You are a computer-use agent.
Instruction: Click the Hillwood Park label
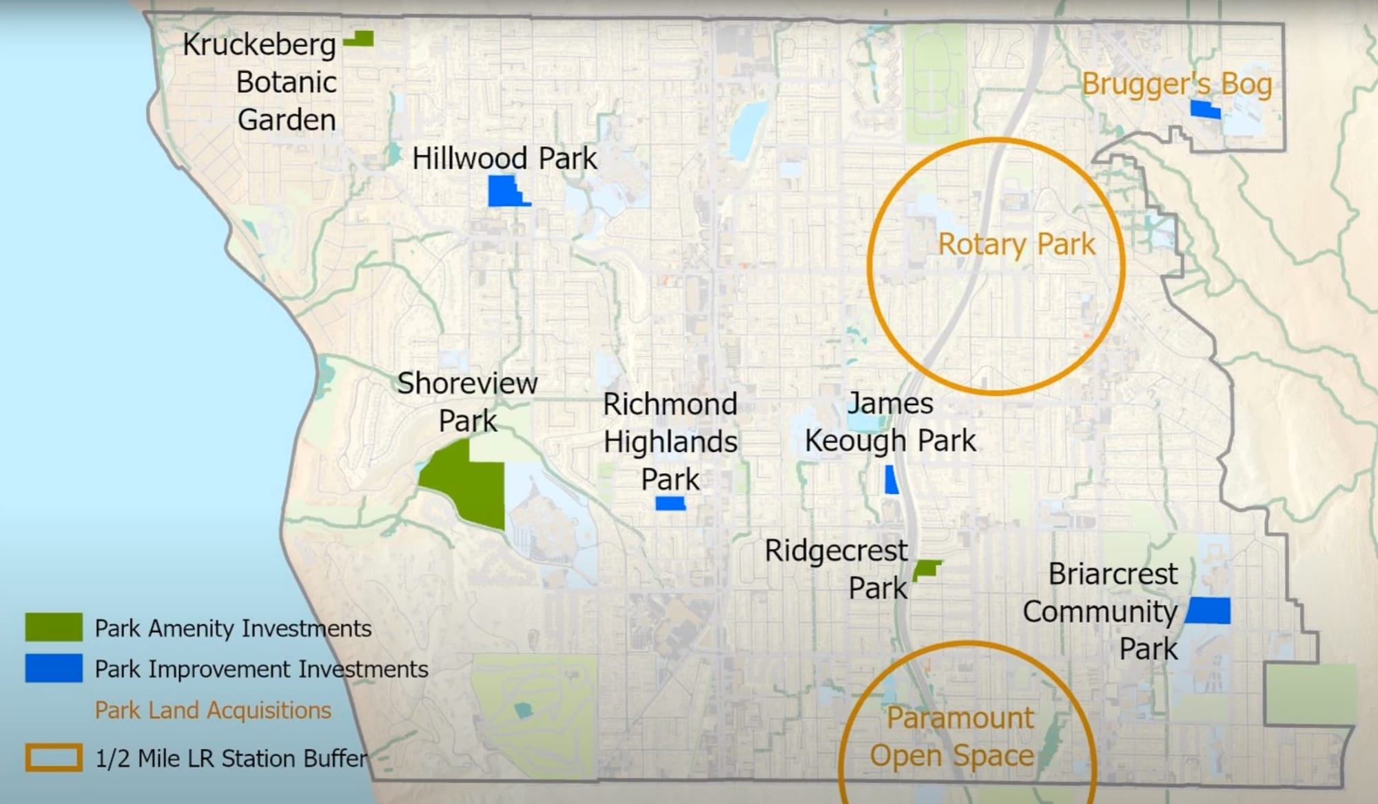click(x=504, y=158)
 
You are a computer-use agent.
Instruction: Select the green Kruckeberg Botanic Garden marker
click(x=360, y=39)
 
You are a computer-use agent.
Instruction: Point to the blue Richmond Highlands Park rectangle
click(x=670, y=504)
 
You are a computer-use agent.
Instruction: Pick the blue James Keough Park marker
click(x=891, y=480)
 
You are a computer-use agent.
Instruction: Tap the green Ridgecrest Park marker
click(x=926, y=570)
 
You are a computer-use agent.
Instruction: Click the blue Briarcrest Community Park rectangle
click(x=1208, y=610)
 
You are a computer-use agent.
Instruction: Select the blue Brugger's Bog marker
click(x=1205, y=110)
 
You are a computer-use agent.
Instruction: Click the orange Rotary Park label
click(x=1016, y=245)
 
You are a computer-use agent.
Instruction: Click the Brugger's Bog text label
click(x=1177, y=84)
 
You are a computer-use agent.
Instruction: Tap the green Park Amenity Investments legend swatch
click(x=54, y=628)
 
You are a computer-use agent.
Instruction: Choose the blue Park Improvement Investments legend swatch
click(x=54, y=668)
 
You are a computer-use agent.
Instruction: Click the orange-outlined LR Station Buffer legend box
click(x=54, y=758)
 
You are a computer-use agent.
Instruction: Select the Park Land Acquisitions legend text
click(x=213, y=710)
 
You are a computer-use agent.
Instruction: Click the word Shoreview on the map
click(x=467, y=384)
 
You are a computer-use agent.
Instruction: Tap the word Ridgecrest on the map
click(x=836, y=551)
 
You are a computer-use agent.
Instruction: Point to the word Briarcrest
click(x=1113, y=574)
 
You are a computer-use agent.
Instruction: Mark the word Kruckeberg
click(x=259, y=45)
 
